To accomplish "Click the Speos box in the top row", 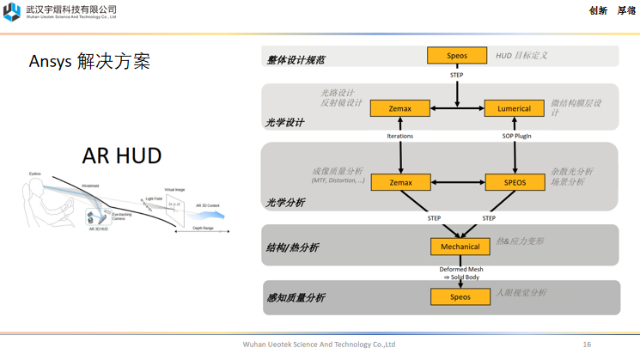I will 456,56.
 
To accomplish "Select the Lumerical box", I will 514,108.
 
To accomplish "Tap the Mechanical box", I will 460,247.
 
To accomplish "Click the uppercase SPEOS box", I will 514,182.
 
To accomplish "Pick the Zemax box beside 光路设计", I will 400,108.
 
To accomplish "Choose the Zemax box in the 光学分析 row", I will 400,182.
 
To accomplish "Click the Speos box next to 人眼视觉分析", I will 460,296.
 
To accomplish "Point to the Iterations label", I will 400,137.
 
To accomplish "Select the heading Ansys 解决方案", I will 89,62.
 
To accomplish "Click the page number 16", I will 587,345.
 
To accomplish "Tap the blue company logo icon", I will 11,11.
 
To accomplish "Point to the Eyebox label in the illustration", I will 35,173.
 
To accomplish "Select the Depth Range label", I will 203,229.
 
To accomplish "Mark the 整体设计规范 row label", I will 296,61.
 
